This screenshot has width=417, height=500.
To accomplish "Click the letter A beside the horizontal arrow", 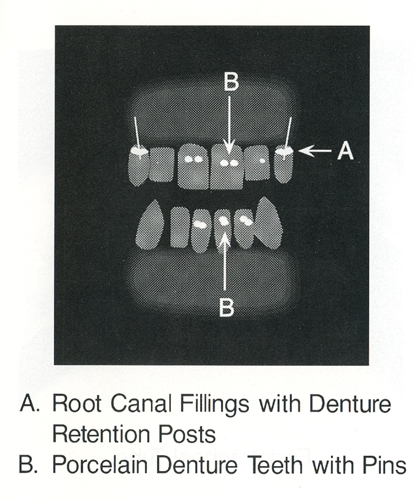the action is click(346, 151).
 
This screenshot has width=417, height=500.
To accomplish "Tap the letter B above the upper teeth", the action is click(231, 82).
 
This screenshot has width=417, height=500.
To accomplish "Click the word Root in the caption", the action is click(77, 404).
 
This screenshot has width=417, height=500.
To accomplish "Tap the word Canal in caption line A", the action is click(140, 404).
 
